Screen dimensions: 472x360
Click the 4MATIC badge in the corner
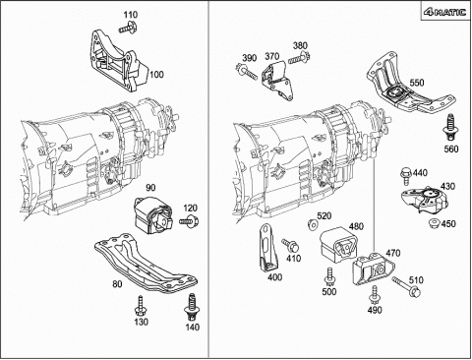click(x=444, y=12)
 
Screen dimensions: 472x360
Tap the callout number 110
click(x=131, y=15)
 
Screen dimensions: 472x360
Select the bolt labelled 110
click(x=128, y=27)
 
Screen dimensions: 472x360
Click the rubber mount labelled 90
click(x=152, y=215)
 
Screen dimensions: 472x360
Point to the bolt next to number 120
click(x=189, y=221)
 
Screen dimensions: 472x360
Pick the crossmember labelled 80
click(x=146, y=262)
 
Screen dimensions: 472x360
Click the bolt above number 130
click(x=141, y=306)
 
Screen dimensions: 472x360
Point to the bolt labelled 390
click(x=247, y=72)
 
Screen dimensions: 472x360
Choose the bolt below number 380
click(x=299, y=58)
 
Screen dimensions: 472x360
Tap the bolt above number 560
click(x=450, y=128)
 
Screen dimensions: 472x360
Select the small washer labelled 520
click(x=313, y=225)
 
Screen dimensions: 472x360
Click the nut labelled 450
click(x=435, y=223)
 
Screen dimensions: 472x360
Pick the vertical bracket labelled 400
click(x=268, y=247)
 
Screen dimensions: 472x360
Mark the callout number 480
click(x=356, y=226)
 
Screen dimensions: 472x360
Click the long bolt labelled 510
click(x=407, y=285)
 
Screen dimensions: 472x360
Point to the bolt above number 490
click(x=375, y=295)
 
